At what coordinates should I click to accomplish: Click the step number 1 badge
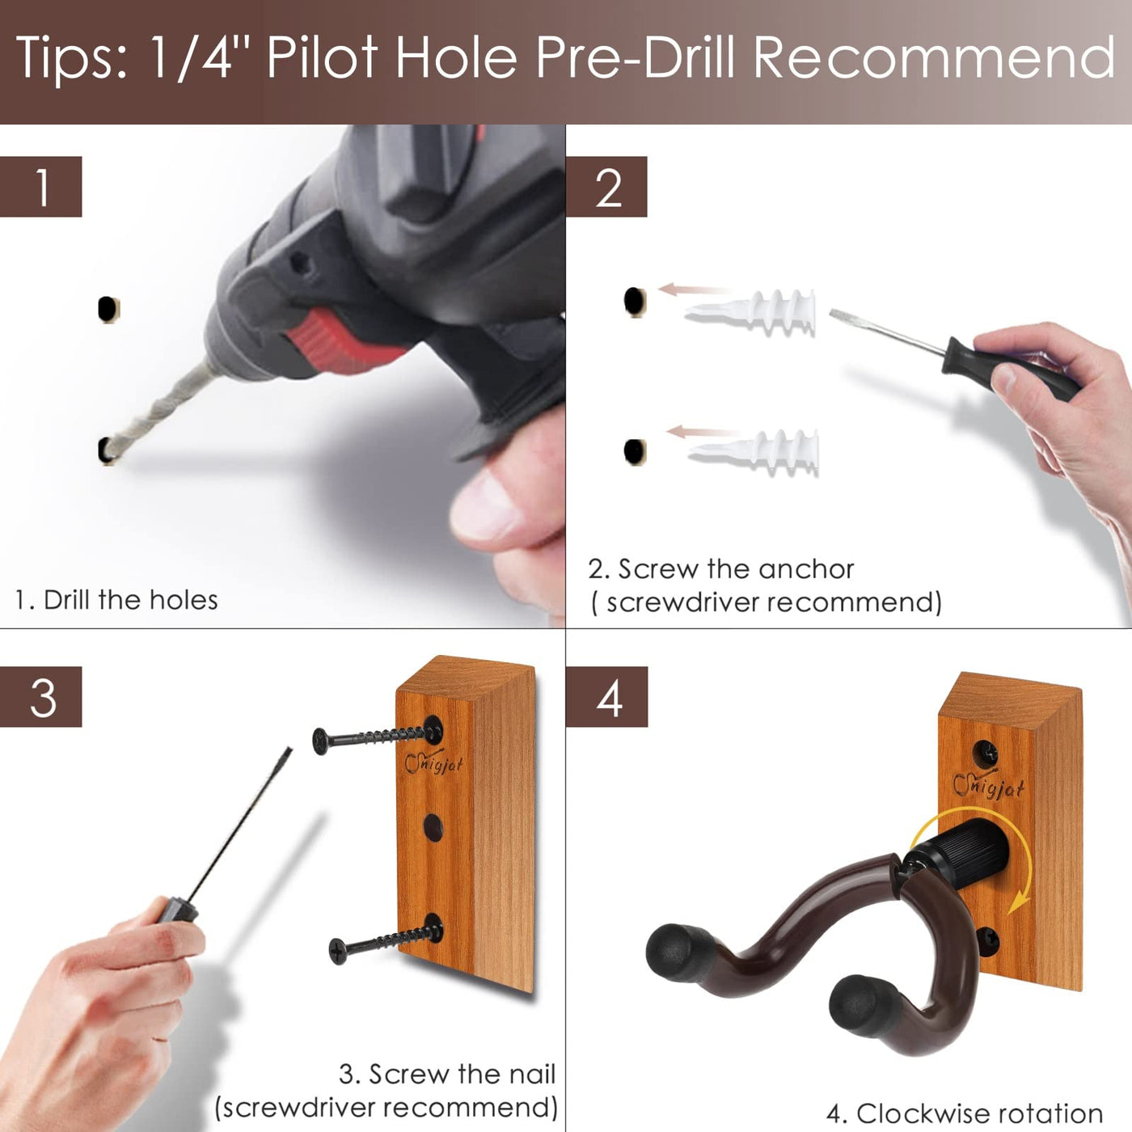coord(40,187)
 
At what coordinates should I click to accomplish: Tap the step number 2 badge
coord(606,187)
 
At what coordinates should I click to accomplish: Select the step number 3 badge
coord(40,697)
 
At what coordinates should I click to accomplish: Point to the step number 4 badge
coord(606,697)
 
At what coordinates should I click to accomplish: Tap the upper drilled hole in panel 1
coord(108,309)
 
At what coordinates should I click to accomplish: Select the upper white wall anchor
coord(750,313)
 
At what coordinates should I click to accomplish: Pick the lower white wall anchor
coord(754,452)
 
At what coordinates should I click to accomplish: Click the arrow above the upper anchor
coord(693,289)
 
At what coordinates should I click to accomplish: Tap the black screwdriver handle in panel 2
coord(1011,369)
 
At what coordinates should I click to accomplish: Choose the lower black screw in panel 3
coord(386,940)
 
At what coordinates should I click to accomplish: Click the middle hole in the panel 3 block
coord(433,826)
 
